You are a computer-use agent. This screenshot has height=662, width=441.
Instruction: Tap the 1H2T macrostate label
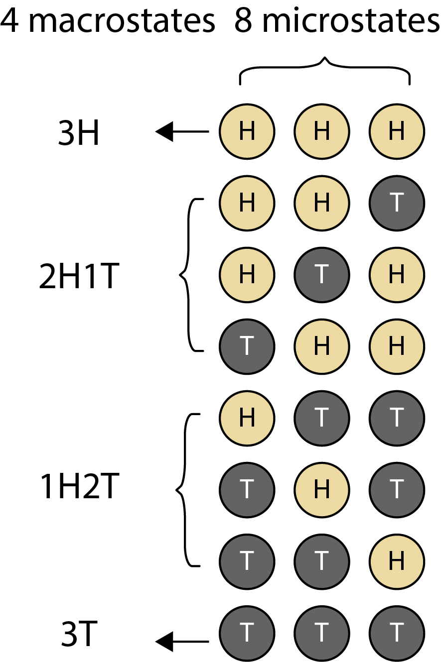click(79, 487)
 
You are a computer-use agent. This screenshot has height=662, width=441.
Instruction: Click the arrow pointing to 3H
click(182, 132)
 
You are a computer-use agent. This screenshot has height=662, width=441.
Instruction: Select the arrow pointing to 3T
click(182, 641)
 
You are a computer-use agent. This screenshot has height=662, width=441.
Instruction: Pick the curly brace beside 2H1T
click(188, 275)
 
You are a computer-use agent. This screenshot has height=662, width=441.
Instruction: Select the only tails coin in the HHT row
click(397, 203)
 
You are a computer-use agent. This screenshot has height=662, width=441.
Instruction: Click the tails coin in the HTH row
click(322, 275)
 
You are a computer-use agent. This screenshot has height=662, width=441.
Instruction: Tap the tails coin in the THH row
click(247, 346)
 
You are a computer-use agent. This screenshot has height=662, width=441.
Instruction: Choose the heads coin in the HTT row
click(247, 418)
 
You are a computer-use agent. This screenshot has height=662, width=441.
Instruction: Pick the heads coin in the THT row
click(322, 490)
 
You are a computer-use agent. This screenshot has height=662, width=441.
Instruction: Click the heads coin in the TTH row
click(397, 561)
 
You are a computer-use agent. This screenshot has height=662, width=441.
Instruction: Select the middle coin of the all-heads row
click(322, 132)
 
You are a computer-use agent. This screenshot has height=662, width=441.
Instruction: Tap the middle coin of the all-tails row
click(322, 633)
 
